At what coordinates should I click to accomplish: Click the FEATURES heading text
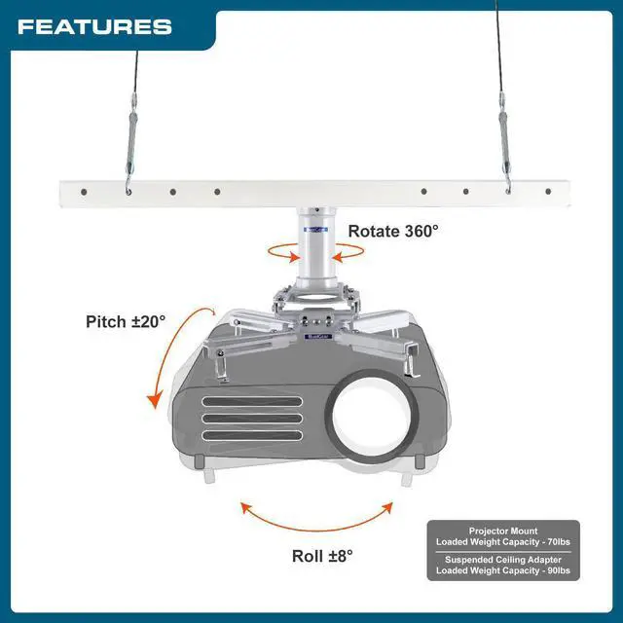coord(94,26)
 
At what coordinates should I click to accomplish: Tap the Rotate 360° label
coord(393,231)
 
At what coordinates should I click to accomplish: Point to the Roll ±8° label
coord(322,556)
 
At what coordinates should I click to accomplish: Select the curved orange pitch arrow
coord(172,356)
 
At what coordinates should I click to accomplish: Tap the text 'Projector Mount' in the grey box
coord(503,531)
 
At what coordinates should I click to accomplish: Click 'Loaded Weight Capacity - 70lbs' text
coord(503,543)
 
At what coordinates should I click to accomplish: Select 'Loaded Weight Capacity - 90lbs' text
coord(503,571)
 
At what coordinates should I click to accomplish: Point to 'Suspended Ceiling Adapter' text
coord(503,560)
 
